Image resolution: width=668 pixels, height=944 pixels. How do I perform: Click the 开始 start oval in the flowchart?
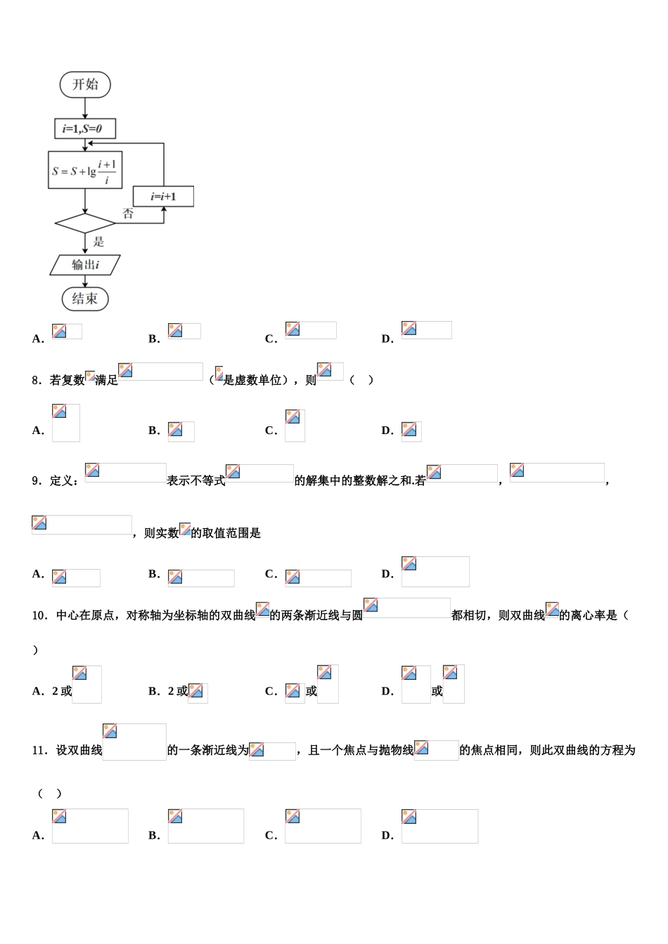tap(85, 84)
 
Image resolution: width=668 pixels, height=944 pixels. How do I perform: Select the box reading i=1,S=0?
tap(85, 129)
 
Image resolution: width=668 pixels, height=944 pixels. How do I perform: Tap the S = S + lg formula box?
tap(85, 170)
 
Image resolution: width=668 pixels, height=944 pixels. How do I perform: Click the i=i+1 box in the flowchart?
tap(163, 197)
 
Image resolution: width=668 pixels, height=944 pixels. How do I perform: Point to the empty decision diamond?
tap(85, 223)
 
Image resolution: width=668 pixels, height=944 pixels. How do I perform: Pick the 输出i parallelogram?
tap(85, 265)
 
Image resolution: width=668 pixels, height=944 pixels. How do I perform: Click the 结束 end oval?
tap(85, 299)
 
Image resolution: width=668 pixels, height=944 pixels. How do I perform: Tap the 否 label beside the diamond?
tap(128, 214)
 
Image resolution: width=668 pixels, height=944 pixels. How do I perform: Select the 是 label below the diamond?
tap(98, 242)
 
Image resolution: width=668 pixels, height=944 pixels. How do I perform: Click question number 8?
tap(37, 380)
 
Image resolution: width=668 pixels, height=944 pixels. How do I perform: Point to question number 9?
tap(37, 480)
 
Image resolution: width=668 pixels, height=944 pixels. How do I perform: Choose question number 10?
tap(39, 615)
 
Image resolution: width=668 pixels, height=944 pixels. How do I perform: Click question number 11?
tap(39, 750)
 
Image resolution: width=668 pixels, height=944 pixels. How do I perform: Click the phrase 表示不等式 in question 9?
tap(195, 480)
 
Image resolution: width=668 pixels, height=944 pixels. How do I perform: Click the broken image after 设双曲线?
tap(134, 742)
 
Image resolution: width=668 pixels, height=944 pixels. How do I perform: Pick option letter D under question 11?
tap(387, 835)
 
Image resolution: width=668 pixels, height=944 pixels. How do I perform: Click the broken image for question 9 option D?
tap(435, 572)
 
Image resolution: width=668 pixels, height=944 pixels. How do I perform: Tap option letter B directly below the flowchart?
tap(154, 339)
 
